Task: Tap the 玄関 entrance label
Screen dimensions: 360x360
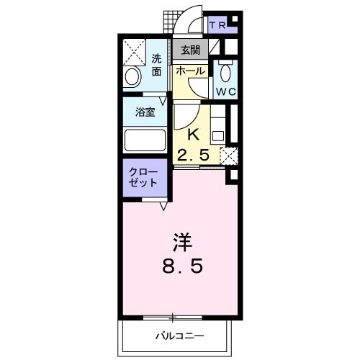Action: point(191,50)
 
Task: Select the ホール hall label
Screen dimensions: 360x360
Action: point(191,72)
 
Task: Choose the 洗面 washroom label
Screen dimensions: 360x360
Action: point(156,65)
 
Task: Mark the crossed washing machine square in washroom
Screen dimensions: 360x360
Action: point(135,52)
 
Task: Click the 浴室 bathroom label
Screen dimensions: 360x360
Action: point(146,112)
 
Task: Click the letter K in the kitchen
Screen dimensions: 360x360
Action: point(193,133)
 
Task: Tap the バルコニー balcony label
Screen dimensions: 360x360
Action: point(178,336)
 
